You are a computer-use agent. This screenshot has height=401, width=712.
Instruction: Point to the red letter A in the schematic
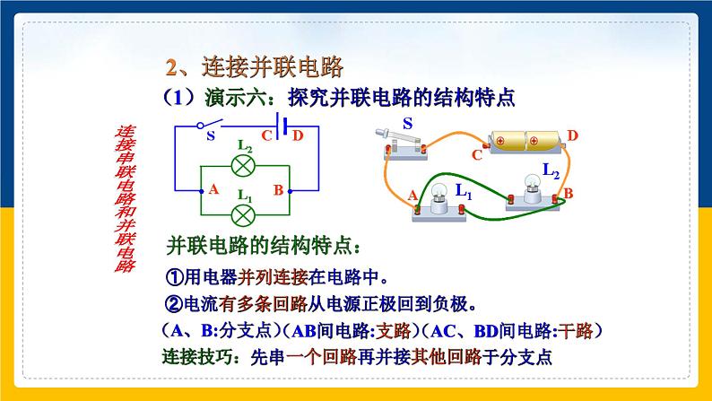coord(213,190)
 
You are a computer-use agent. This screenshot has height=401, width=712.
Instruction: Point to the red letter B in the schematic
coord(278,190)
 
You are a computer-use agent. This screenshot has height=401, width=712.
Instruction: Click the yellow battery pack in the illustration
coord(522,141)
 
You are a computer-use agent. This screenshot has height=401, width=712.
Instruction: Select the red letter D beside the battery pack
coord(573,135)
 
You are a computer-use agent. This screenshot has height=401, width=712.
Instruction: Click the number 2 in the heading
coord(174,66)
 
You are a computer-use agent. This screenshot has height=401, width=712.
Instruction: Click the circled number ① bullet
coord(175,276)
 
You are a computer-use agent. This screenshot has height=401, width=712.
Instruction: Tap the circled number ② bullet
coord(175,301)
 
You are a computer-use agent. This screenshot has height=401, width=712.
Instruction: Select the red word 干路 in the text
coord(575,329)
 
